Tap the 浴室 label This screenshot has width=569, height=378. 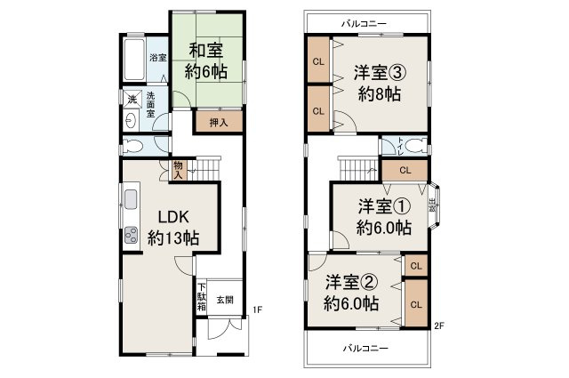pos(157,58)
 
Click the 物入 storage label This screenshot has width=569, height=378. pos(178,169)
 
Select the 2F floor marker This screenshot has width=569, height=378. pos(439,325)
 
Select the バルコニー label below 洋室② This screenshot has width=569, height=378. pos(367,348)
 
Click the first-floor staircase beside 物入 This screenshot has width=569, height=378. pos(206,166)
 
